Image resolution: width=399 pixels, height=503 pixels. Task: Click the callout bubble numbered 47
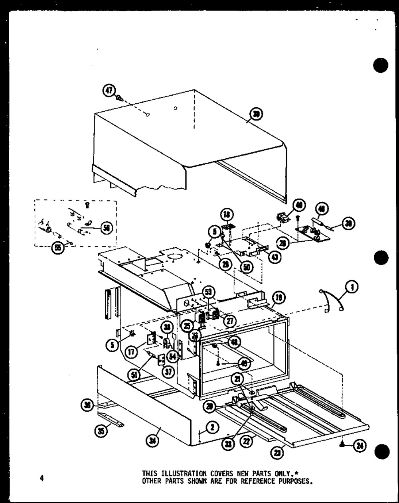point(109,91)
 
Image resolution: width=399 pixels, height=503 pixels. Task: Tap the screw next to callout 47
point(119,97)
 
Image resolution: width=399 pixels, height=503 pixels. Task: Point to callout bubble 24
point(360,446)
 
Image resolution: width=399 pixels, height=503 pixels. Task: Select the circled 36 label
point(86,405)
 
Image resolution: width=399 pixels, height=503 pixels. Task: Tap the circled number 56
point(107,228)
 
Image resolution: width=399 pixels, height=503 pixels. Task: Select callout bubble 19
point(278,297)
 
